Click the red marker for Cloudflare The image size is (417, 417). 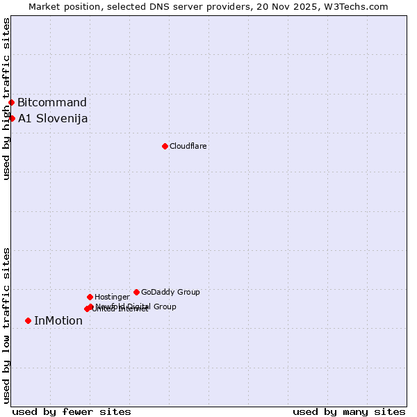(165, 146)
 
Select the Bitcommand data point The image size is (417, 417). (11, 103)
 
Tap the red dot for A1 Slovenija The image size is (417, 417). (12, 118)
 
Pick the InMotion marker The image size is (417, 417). (28, 320)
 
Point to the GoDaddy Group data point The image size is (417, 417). (136, 292)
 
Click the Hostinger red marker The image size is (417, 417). (90, 297)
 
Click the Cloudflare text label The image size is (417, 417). (188, 146)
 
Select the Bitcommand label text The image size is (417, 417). (52, 103)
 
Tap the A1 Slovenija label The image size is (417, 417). (53, 118)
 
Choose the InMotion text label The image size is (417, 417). (58, 320)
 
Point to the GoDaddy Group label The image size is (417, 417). (170, 292)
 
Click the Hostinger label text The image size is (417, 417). (112, 297)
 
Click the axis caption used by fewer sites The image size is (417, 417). (72, 411)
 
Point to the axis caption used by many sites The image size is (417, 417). (349, 411)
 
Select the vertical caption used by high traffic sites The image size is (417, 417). (6, 99)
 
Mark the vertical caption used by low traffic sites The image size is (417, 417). (6, 325)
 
